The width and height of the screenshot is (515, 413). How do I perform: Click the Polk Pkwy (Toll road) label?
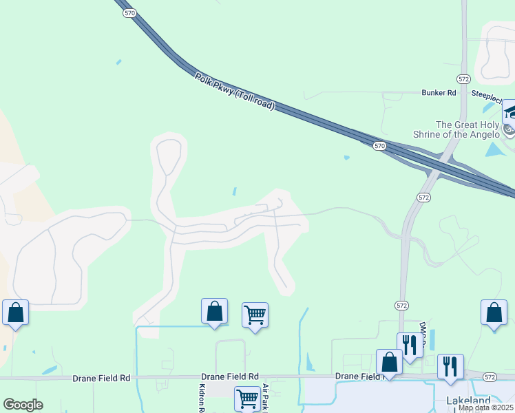tap(235, 92)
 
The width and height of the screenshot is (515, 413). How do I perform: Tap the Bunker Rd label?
tap(439, 92)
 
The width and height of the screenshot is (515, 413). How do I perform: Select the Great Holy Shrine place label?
tap(458, 129)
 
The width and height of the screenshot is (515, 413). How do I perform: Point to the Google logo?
tap(23, 405)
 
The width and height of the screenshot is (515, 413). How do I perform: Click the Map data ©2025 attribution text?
tap(486, 407)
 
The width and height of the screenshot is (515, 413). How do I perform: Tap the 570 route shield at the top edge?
tap(129, 12)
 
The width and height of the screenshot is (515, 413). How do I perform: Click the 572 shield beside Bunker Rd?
tap(463, 79)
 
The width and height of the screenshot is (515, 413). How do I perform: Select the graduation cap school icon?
tap(510, 111)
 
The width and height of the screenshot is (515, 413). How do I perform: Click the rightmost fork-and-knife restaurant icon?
tap(450, 366)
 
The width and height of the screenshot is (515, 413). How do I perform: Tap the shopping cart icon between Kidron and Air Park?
tap(247, 398)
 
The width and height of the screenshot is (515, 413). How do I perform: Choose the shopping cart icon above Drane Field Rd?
tap(255, 315)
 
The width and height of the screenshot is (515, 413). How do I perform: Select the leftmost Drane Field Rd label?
tap(101, 378)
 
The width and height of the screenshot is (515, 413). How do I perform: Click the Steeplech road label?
tap(488, 93)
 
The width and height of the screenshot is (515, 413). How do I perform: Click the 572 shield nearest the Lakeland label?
tap(489, 377)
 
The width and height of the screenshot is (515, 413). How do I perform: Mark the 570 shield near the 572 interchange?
tap(379, 146)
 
